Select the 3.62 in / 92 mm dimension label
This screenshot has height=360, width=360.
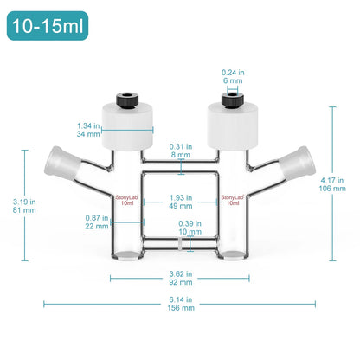coord(180,278)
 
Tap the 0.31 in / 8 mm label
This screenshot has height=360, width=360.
coord(180,151)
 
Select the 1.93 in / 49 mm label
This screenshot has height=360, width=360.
coord(180,200)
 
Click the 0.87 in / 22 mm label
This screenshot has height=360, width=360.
coord(97,221)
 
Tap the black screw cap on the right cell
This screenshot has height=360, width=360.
coord(230,100)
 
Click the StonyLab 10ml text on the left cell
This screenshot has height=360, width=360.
coord(127,200)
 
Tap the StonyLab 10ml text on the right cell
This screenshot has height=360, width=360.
coord(231,200)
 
